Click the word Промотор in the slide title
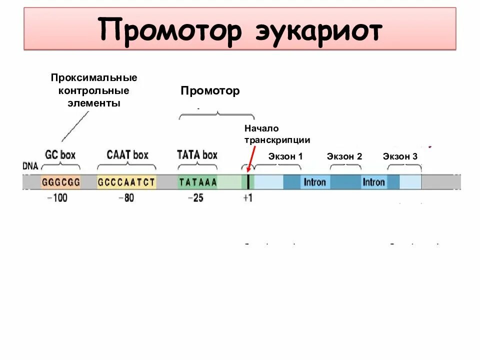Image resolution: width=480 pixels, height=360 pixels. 170,30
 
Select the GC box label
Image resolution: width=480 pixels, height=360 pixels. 60,154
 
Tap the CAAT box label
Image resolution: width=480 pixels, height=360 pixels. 127,154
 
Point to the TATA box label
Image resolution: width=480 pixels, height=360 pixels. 197,154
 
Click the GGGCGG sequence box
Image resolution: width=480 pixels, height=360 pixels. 61,182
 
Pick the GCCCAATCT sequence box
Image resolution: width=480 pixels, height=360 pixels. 126,182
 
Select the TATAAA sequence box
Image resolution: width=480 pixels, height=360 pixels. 198,182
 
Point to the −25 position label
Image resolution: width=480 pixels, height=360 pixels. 195,198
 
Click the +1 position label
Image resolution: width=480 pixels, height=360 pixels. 247,198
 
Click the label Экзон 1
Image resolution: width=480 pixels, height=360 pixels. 285,156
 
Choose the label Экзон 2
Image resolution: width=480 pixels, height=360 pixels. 344,156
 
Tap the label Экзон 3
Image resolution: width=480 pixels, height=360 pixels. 400,156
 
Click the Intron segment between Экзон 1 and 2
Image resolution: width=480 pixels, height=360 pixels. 315,182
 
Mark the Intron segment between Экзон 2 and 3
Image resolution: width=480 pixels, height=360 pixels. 374,182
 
